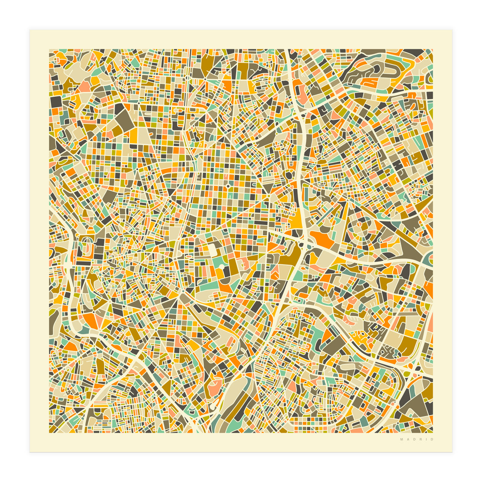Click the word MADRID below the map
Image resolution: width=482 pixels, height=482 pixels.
coord(417,439)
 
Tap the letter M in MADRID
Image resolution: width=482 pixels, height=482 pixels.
coord(401,439)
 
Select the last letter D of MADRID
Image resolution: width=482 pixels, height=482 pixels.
coord(432,439)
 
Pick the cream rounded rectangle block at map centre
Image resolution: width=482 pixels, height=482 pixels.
coord(212,249)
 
